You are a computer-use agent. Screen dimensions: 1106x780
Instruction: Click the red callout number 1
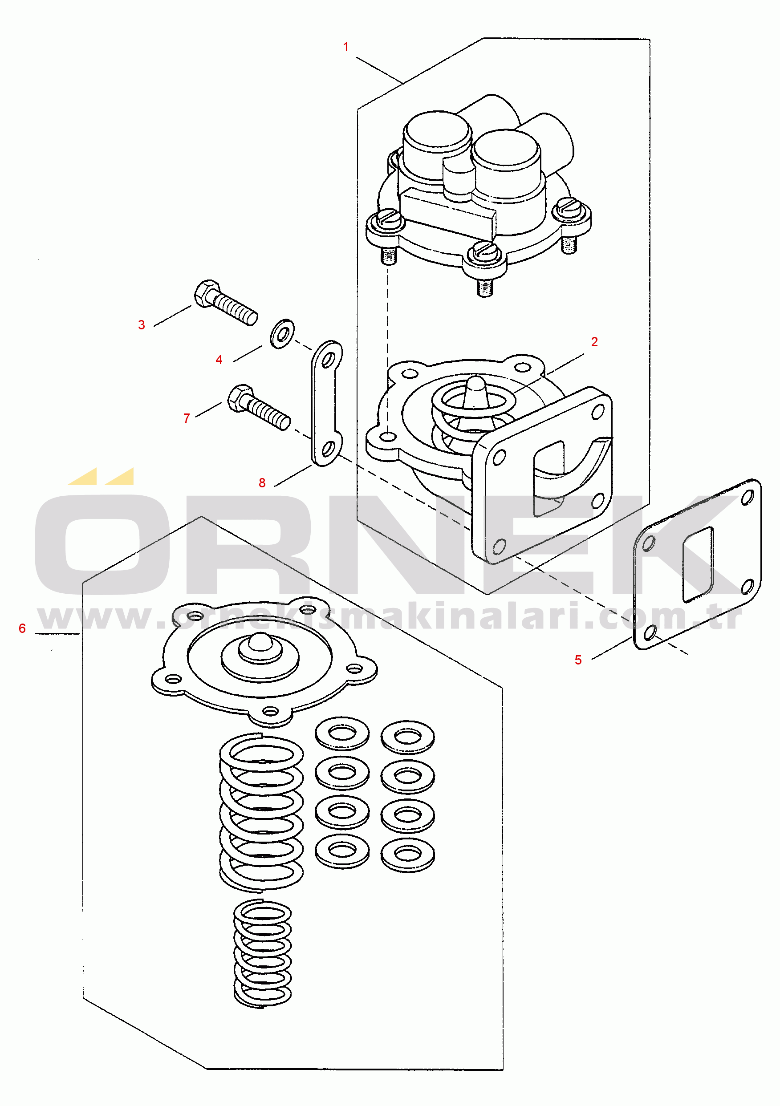coord(345,47)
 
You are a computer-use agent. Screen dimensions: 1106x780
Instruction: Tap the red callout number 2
coord(594,341)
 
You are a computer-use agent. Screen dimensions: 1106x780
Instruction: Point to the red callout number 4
coord(219,359)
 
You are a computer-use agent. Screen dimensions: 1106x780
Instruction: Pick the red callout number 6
coord(22,628)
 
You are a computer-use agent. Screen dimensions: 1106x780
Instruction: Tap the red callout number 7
coord(187,418)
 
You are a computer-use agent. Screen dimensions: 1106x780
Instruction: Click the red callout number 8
coord(262,482)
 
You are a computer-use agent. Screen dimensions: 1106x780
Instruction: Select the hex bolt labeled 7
coord(258,408)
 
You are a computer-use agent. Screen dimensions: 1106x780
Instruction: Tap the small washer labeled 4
coord(282,333)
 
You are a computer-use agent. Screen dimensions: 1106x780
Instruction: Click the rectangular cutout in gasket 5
coord(698,564)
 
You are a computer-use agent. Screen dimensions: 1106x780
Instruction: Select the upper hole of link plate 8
coord(329,360)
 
